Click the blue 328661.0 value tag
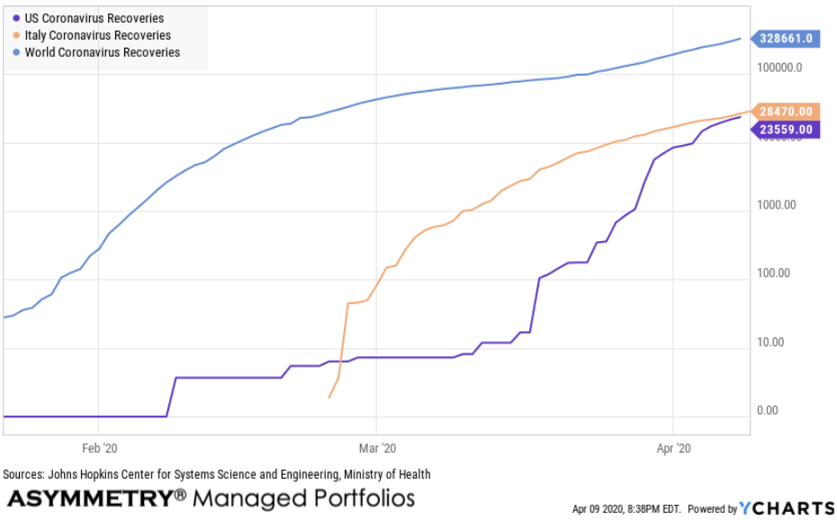tap(786, 38)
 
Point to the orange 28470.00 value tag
tap(786, 112)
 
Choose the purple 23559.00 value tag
tap(786, 130)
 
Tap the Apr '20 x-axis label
tap(673, 447)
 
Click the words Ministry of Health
tap(388, 474)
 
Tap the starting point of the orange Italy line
tap(329, 397)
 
